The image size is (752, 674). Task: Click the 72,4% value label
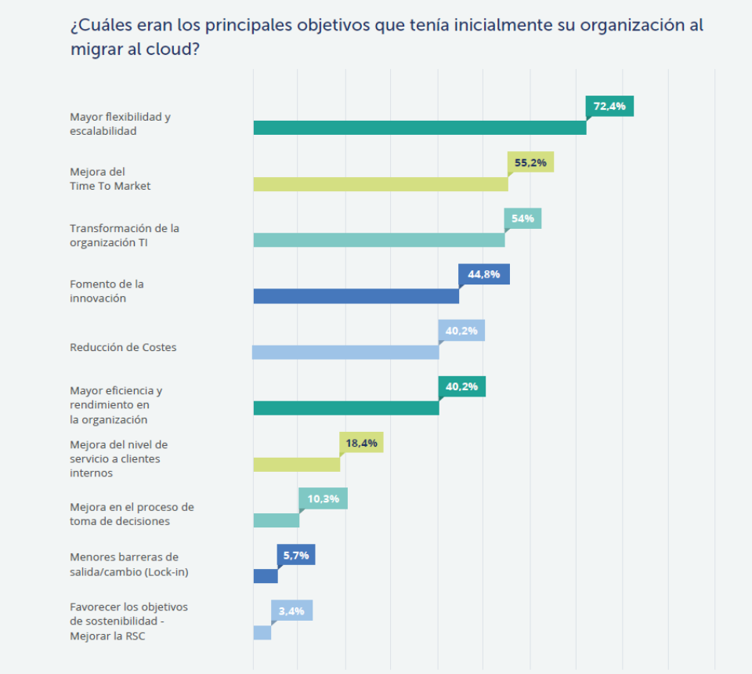tap(609, 106)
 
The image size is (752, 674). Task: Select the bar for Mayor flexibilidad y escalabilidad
tap(419, 128)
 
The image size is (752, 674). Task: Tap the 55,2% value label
tap(530, 161)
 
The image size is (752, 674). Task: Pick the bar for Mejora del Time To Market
tap(380, 184)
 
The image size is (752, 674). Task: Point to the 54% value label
tap(522, 219)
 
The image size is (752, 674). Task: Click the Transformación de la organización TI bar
tap(378, 240)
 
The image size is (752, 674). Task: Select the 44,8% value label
tap(484, 274)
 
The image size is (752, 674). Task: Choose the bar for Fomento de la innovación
tap(356, 296)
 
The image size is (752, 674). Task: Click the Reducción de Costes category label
tap(123, 347)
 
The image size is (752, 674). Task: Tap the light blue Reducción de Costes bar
tap(345, 352)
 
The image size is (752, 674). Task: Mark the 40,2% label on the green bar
tap(462, 386)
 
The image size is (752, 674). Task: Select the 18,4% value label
tap(361, 443)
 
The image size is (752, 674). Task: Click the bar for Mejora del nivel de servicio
tap(296, 464)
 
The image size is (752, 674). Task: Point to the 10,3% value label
tap(323, 498)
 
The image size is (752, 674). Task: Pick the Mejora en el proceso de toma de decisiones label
tap(132, 514)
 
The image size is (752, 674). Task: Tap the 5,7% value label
tap(295, 555)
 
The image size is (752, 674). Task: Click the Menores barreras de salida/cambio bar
tap(265, 576)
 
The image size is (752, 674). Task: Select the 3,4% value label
tap(291, 611)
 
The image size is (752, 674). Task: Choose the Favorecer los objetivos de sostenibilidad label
tap(128, 621)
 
